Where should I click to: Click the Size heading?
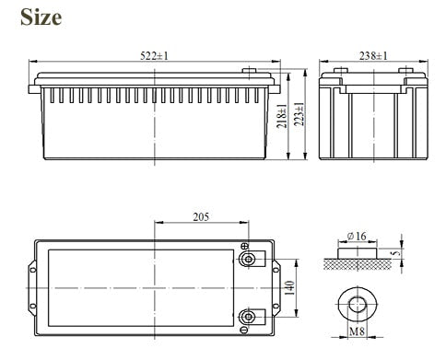tap(41, 17)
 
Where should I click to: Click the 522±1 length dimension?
tap(154, 56)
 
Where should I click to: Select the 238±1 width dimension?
tap(373, 56)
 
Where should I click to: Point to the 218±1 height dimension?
tap(282, 116)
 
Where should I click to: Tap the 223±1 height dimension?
tap(299, 114)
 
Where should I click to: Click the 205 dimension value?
tap(201, 217)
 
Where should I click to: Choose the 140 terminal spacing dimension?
tap(289, 287)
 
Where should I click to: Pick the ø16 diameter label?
tap(357, 236)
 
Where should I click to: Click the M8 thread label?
tap(357, 331)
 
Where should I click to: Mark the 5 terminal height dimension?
tap(397, 252)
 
